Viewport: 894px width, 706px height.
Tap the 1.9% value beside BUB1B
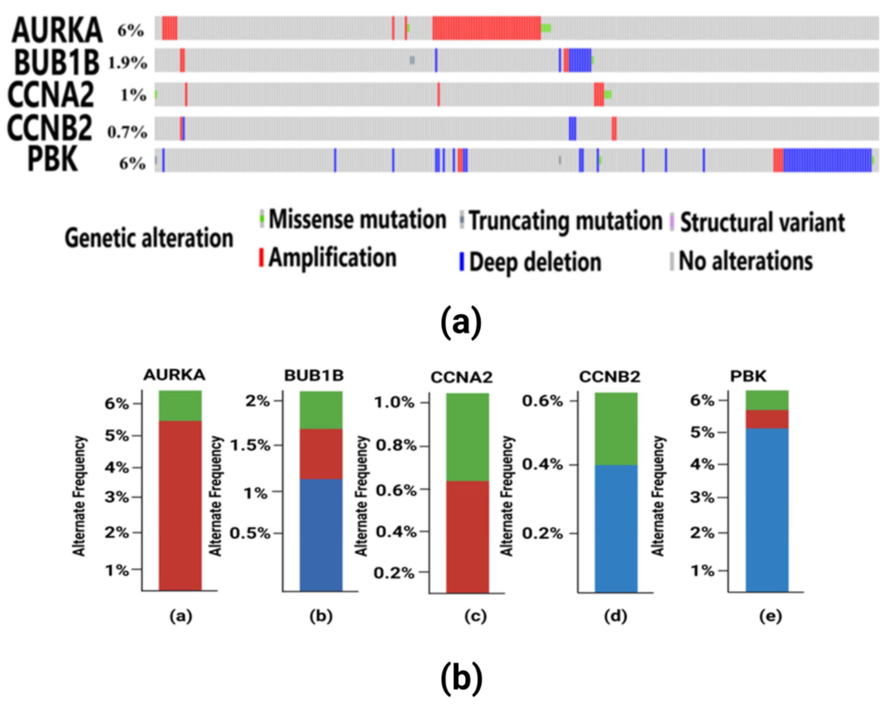coord(128,63)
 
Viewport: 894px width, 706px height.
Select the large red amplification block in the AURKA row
coord(486,28)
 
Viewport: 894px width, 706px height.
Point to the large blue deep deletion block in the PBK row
coord(827,160)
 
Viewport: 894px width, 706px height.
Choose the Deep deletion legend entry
coord(534,262)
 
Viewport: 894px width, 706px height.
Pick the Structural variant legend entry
coord(762,222)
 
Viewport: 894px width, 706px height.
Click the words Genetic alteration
coord(149,239)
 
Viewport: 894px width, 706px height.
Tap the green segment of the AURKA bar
coord(180,406)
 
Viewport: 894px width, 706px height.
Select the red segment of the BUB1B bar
coord(321,454)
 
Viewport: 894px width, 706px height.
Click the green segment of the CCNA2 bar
coord(467,437)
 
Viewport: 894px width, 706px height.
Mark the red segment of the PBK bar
coord(767,419)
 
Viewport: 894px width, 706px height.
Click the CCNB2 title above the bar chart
coord(609,377)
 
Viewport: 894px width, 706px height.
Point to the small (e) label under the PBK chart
coord(771,616)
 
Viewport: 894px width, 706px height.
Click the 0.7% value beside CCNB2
coord(128,132)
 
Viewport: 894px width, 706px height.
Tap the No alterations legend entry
coord(745,261)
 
